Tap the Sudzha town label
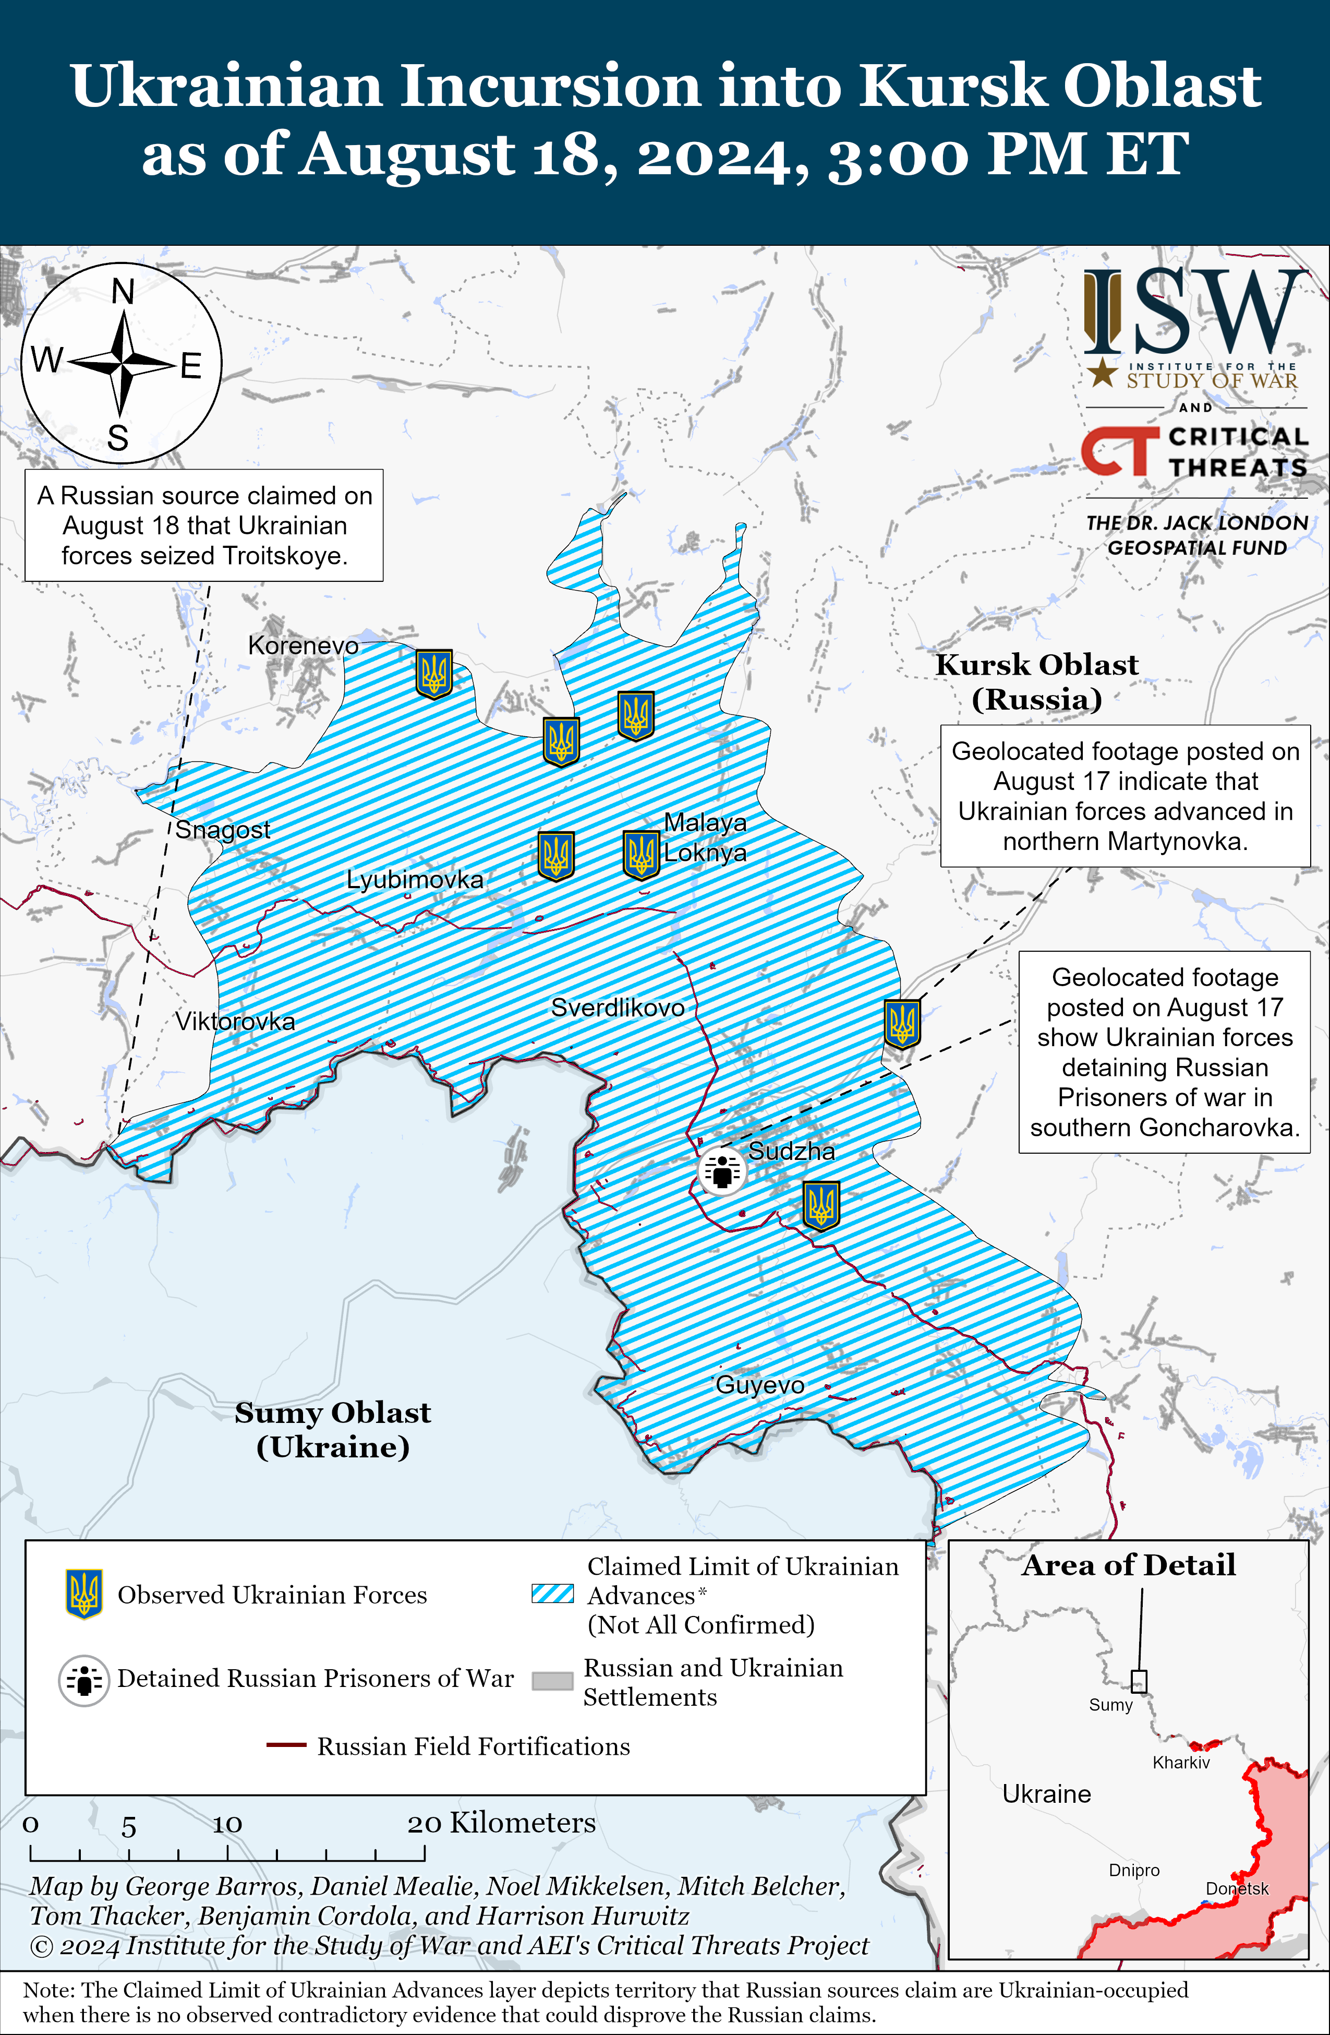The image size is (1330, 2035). tap(792, 1151)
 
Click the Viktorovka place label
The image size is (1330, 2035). tap(235, 1021)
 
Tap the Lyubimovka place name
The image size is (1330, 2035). tap(415, 879)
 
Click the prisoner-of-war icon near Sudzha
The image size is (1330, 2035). tap(722, 1171)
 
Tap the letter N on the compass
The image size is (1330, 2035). tap(123, 292)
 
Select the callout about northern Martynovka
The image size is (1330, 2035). tap(1125, 796)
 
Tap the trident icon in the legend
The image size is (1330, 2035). tap(84, 1594)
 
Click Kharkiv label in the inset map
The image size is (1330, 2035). tap(1180, 1762)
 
